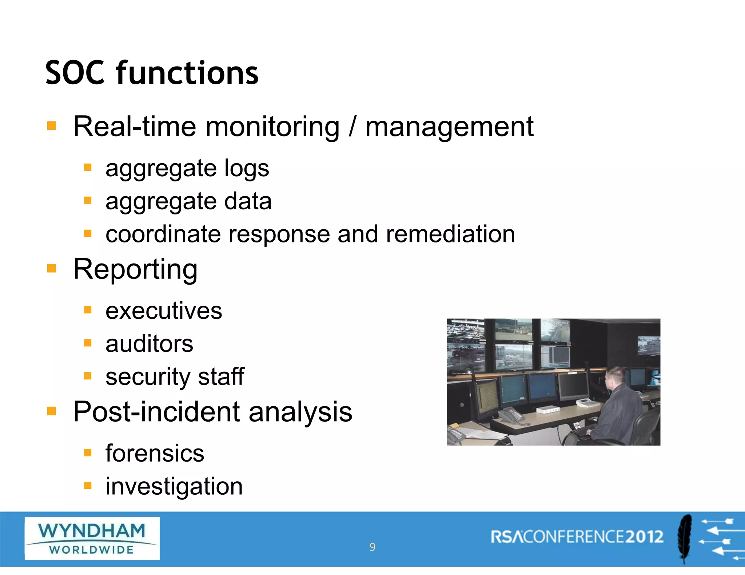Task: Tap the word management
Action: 449,127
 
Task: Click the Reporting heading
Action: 135,270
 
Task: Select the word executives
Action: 164,311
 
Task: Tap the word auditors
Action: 149,344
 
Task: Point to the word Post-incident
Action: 157,412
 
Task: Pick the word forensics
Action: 155,454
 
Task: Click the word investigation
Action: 174,487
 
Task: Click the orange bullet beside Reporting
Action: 52,269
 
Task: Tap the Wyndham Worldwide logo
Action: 92,538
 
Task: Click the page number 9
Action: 372,547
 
